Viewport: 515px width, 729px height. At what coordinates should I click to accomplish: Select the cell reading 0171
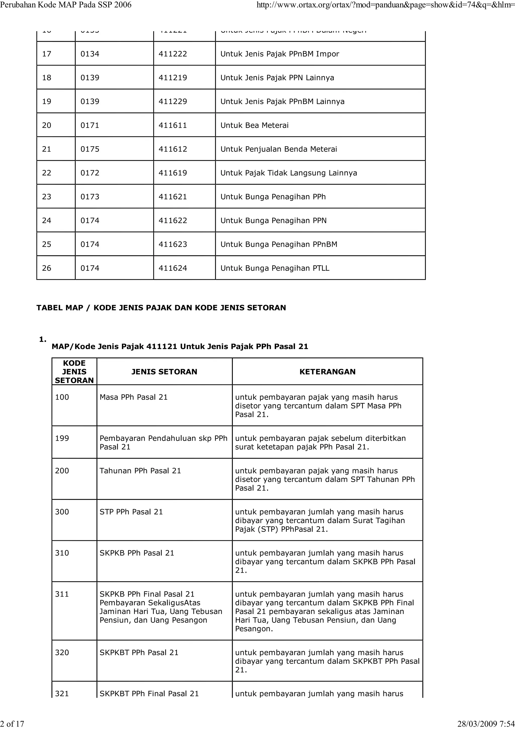coord(90,125)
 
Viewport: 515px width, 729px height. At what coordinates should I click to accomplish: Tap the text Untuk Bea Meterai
coord(254,125)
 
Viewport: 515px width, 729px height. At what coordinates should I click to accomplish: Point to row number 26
coord(46,268)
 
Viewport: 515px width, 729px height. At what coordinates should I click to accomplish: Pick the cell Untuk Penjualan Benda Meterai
coord(279,149)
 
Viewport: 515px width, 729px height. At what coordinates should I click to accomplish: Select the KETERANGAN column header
coord(327,372)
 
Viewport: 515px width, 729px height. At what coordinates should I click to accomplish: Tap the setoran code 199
coord(62,438)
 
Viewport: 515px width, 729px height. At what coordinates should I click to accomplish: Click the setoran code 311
coord(62,594)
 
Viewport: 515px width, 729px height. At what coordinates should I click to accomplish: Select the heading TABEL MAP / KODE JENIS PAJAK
coord(161,307)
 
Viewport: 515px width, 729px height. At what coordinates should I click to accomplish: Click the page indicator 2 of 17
coord(12,724)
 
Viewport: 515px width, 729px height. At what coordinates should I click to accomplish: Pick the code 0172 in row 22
coord(90,173)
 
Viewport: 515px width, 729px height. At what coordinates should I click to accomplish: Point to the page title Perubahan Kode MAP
coord(66,5)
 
